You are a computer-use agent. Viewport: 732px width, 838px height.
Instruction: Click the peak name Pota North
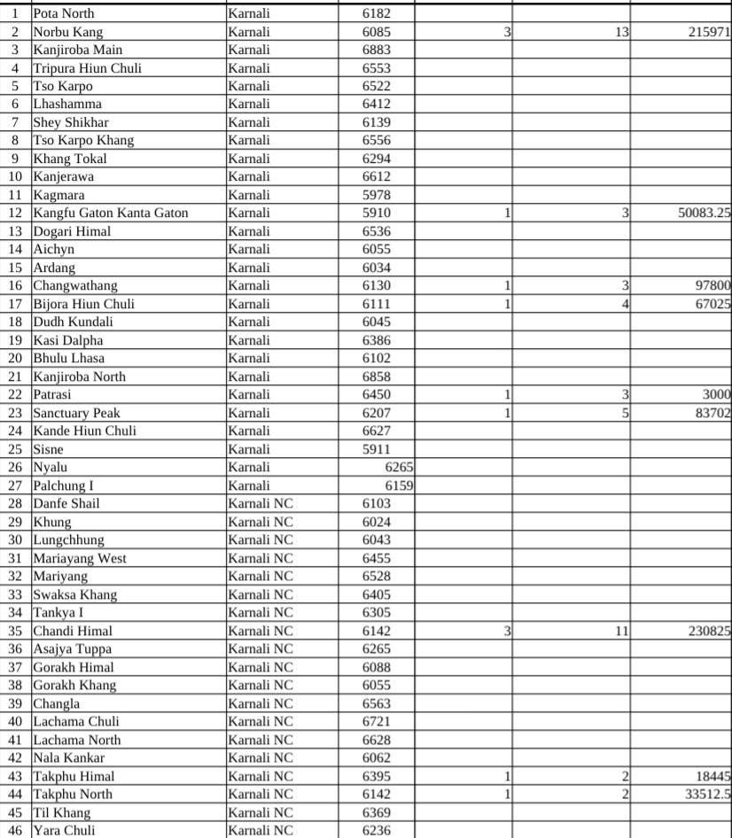[63, 13]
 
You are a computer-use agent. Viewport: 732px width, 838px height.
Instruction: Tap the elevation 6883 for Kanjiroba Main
[376, 50]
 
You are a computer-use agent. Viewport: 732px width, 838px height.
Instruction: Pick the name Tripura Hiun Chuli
[87, 68]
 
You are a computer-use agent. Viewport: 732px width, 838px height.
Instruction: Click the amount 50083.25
[698, 213]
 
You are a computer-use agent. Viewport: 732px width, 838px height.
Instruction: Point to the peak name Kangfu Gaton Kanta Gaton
[111, 213]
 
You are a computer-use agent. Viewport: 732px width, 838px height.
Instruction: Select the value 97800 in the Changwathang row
[712, 285]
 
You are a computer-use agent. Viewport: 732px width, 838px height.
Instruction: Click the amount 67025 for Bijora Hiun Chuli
[712, 304]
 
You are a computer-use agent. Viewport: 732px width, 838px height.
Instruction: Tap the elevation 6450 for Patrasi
[376, 394]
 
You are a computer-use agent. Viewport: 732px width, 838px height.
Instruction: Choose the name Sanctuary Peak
[76, 413]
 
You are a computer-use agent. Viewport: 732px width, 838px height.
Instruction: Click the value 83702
[712, 413]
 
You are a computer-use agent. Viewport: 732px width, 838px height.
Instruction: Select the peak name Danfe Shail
[66, 503]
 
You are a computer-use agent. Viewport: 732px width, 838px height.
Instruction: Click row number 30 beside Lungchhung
[15, 539]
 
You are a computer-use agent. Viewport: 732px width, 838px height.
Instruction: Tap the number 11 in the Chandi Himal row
[621, 631]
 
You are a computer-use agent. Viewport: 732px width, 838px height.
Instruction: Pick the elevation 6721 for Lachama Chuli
[376, 721]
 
